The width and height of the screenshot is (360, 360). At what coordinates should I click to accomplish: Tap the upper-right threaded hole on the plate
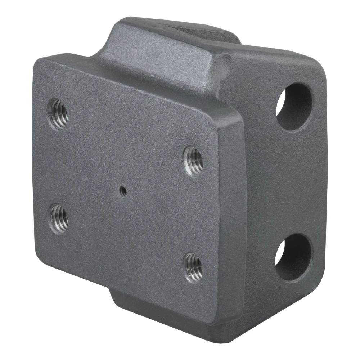click(193, 161)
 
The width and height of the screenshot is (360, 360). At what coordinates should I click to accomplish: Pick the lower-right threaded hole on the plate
click(193, 267)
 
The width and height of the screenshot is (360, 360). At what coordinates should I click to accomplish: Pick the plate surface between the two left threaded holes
click(59, 166)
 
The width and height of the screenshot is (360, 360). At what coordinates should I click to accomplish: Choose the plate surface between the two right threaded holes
click(193, 214)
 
